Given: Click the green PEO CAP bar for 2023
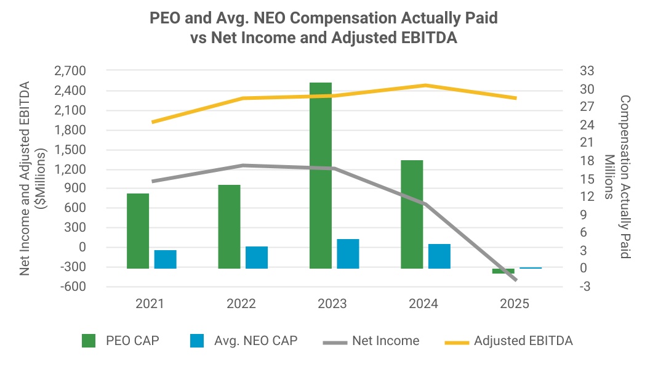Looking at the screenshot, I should [321, 176].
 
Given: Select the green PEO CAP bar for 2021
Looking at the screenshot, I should [138, 231].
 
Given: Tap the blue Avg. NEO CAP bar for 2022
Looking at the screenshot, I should [257, 258].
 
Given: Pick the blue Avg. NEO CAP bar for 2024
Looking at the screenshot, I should [439, 256].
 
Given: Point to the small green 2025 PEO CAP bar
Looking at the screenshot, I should [503, 271].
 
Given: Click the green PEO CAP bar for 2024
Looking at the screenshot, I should [412, 214].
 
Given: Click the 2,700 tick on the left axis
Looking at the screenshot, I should [71, 71].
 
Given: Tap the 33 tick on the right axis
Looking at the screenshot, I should [586, 71].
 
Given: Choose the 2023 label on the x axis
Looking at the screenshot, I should [332, 304].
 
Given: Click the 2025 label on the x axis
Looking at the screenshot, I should [515, 304].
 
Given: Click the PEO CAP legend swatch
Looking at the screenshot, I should [89, 341].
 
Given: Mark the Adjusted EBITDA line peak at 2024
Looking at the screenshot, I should [423, 85].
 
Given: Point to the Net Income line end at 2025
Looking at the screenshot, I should [515, 280].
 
